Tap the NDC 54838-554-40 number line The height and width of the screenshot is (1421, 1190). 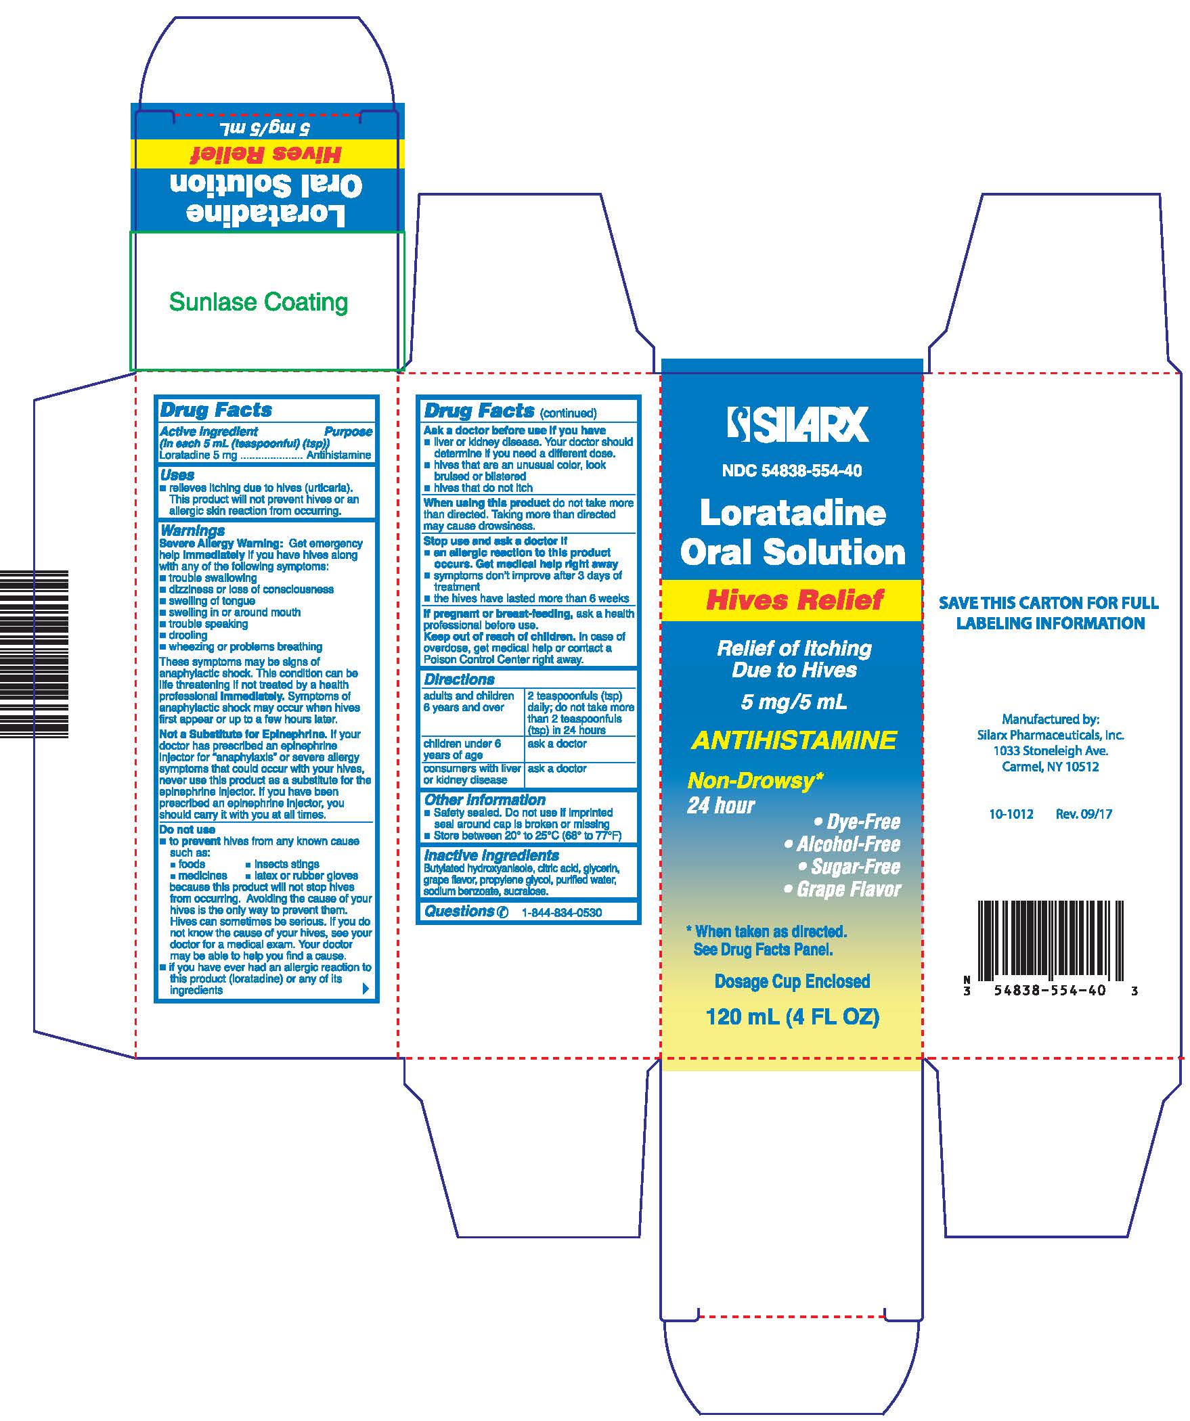[x=792, y=471]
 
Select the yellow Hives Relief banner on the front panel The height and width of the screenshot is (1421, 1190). [x=792, y=600]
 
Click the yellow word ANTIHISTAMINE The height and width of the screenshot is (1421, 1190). [x=793, y=740]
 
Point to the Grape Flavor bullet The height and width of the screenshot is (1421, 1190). [x=842, y=889]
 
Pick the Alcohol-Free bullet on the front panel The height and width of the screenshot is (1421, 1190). [x=842, y=844]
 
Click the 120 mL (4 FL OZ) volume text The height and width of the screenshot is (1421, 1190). [x=793, y=1017]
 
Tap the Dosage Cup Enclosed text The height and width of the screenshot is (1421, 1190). [x=792, y=981]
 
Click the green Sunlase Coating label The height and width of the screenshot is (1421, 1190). [x=259, y=302]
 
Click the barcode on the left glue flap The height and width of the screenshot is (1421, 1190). [x=34, y=654]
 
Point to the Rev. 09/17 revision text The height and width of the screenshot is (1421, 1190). [x=1084, y=814]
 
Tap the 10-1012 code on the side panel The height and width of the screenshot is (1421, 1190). [x=1011, y=814]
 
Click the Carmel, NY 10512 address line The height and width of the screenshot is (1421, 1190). [x=1051, y=767]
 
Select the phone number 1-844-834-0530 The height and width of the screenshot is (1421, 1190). [x=562, y=913]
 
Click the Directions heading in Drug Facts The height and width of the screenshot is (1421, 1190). [x=459, y=679]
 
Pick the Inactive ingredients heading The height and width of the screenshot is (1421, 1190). [x=491, y=855]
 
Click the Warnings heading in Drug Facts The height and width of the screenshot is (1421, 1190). [x=192, y=531]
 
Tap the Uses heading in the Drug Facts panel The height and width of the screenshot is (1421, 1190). [x=177, y=475]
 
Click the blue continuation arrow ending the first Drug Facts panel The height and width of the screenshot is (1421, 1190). [x=366, y=989]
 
